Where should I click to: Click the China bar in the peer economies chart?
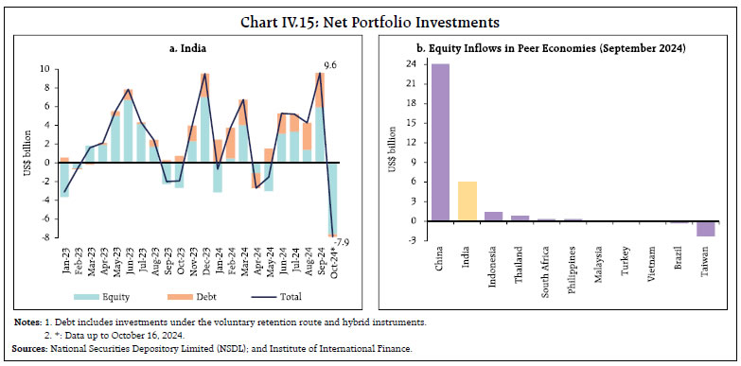[x=441, y=142]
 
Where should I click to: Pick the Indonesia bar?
[x=493, y=217]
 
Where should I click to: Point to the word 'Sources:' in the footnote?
[x=27, y=349]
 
